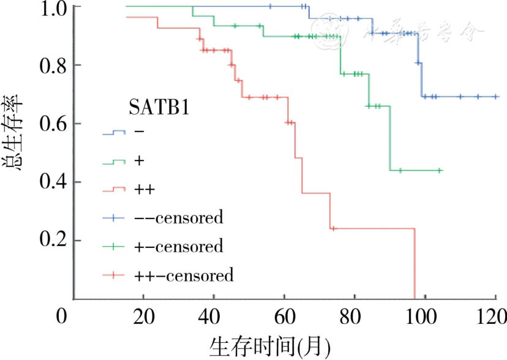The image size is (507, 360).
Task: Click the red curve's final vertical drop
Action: [x=415, y=263]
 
